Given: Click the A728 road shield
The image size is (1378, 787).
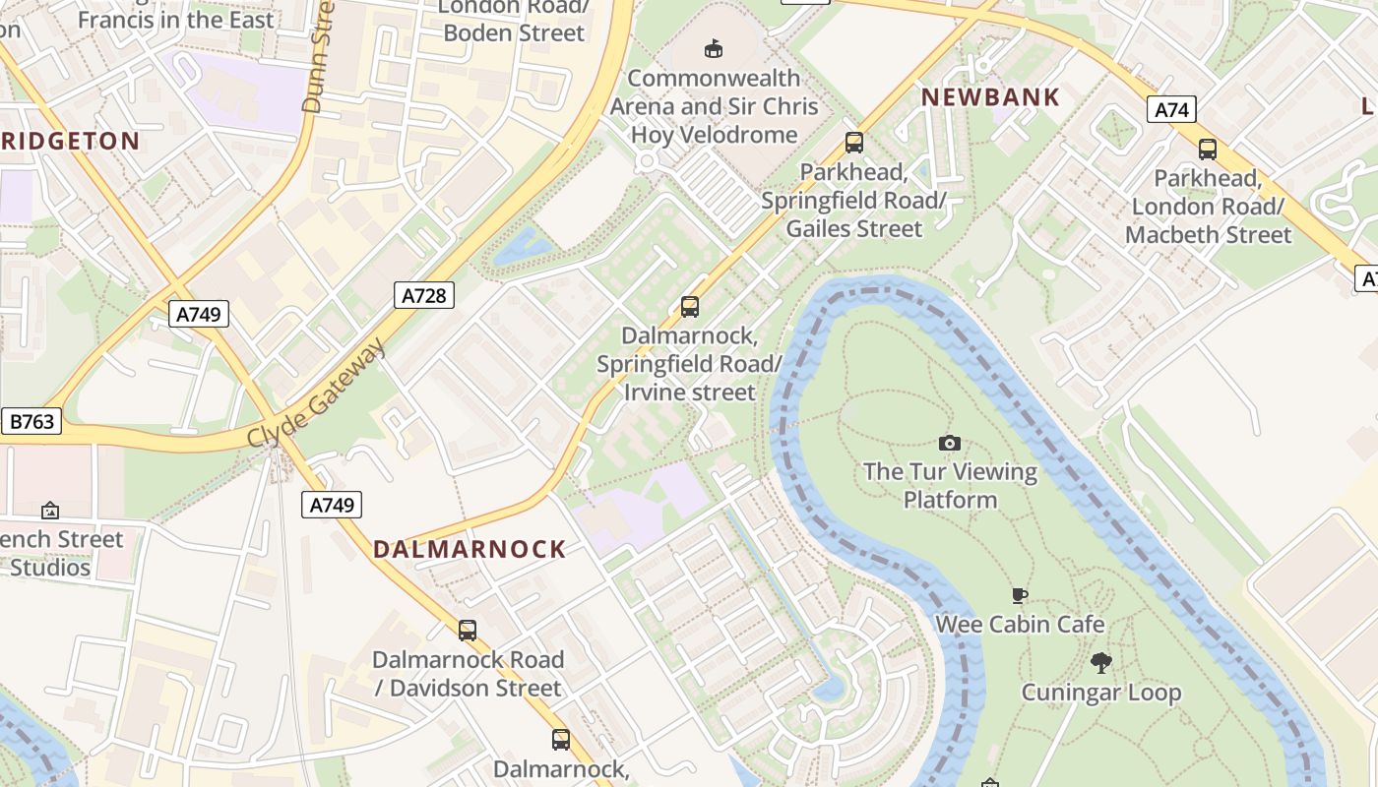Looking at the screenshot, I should point(424,294).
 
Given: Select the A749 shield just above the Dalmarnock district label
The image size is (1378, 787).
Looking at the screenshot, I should point(332,505).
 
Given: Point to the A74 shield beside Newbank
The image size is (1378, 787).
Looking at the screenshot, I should point(1170,109).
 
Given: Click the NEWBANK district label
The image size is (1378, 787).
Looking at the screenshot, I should point(990,97).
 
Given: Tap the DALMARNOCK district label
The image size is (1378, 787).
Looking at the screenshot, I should point(470,549).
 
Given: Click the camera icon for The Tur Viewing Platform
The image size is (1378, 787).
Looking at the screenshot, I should point(950,444).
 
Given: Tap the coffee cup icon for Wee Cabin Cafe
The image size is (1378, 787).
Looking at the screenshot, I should point(1020,595).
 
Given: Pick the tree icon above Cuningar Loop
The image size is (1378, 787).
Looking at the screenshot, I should point(1100,663).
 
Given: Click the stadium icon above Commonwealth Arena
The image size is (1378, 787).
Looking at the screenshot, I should point(714,48).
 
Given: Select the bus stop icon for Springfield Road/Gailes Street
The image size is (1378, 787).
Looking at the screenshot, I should point(853,143).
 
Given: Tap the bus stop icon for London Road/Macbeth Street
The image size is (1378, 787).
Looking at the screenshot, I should point(1207,150).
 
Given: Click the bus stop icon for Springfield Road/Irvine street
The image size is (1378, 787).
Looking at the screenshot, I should point(690,307).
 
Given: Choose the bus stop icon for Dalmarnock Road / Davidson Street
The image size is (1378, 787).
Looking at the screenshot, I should point(468,630).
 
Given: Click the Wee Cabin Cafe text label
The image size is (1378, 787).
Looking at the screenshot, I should point(1020,624).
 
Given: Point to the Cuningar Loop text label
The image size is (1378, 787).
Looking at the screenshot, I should point(1100,693).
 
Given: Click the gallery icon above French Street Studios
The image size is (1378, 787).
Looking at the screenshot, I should point(50,511).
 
